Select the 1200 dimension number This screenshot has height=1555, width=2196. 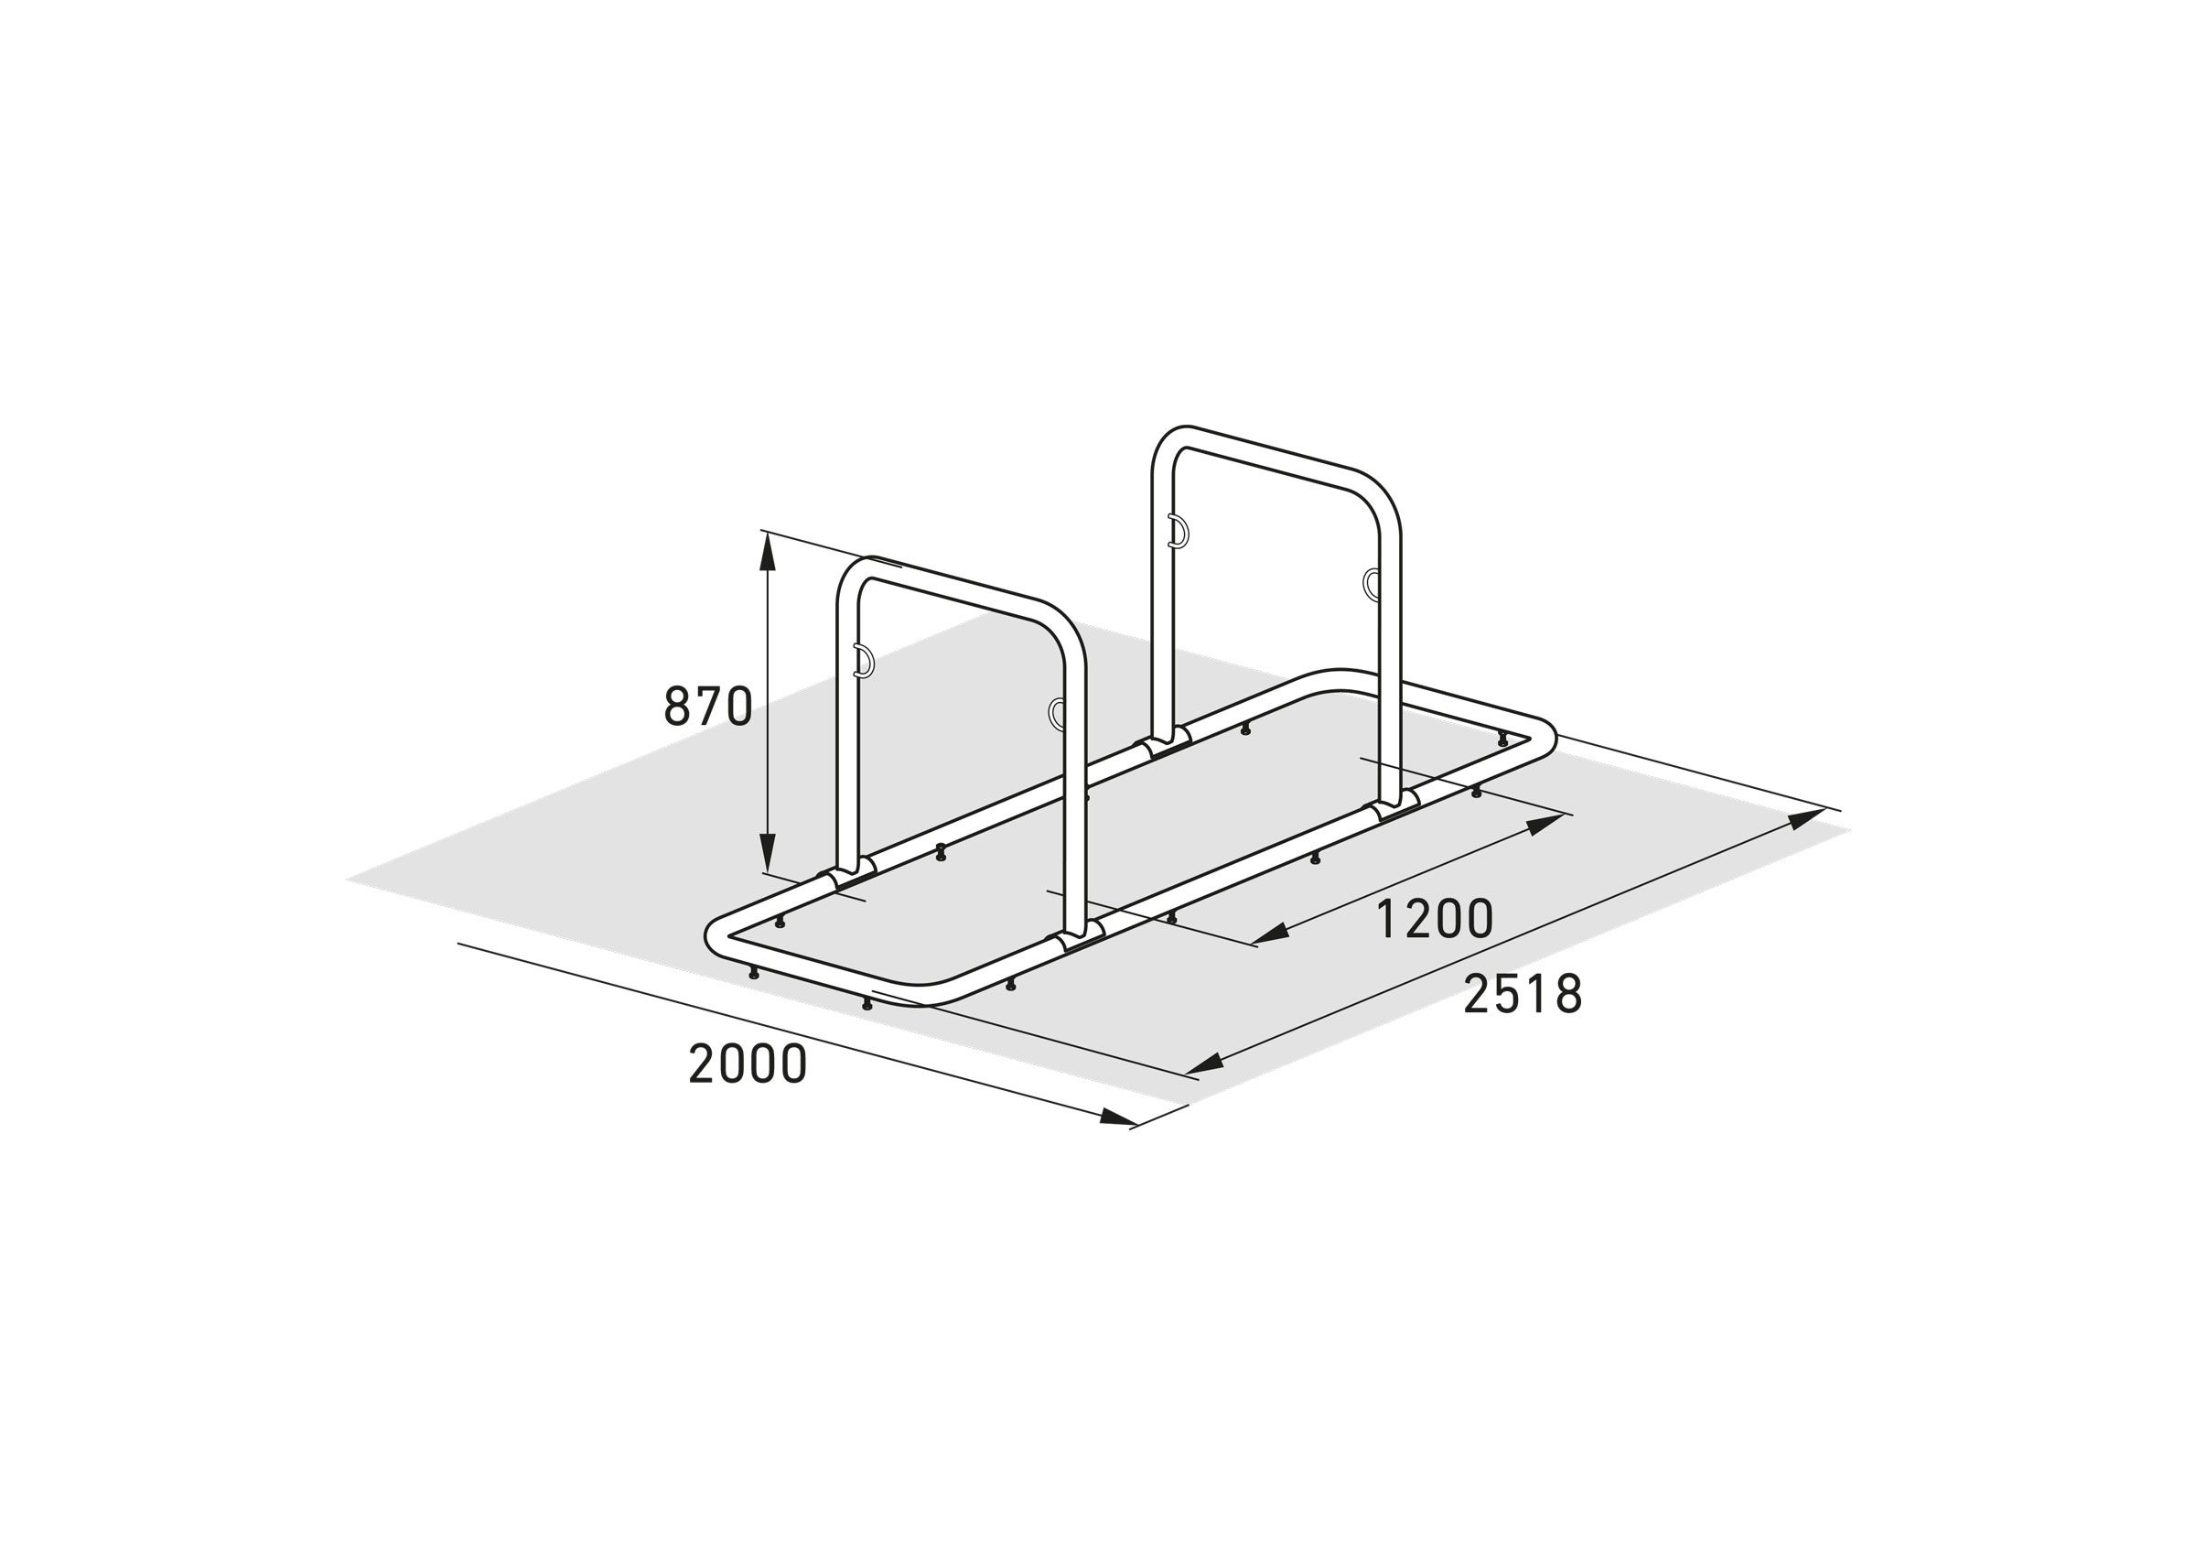[x=1433, y=919]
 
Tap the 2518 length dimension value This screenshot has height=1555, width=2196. [x=1522, y=995]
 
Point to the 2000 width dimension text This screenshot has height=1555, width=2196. [x=748, y=1064]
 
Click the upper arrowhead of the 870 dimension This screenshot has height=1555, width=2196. [x=767, y=552]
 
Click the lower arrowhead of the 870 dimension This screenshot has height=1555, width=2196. [x=767, y=855]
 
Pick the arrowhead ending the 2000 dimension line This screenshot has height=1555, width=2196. [x=1120, y=1118]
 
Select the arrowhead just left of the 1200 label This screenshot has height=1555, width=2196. [x=1268, y=937]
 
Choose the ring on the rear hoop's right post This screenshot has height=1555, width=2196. [x=1372, y=582]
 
